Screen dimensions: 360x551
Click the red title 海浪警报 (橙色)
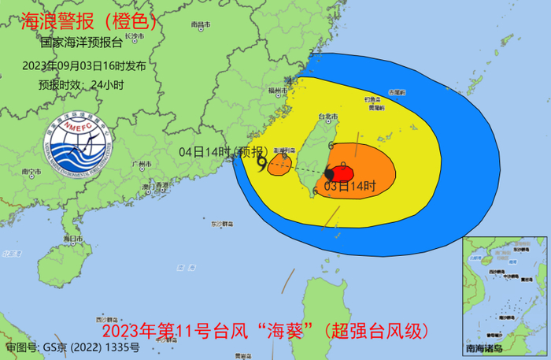[88, 19]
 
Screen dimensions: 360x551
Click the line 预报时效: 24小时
[83, 80]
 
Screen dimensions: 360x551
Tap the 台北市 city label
[325, 117]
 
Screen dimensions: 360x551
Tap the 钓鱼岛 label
[373, 98]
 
